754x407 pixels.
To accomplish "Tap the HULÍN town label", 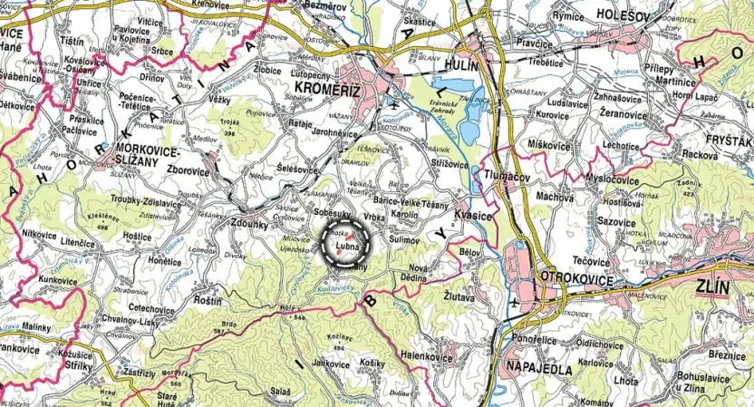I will tap(469, 65).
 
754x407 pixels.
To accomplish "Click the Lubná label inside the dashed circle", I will tap(349, 247).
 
